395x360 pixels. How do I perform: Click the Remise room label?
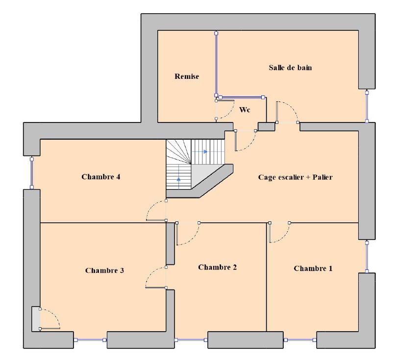[x=187, y=76]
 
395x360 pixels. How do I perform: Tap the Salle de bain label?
[x=290, y=68]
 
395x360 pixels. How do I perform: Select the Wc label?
[x=245, y=110]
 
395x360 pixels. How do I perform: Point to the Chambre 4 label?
[x=101, y=177]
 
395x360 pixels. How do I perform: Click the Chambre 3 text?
[x=104, y=270]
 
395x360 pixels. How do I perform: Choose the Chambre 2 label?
[x=218, y=267]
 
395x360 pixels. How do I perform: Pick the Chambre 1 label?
[x=313, y=268]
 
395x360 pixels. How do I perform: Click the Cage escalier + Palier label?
[x=295, y=177]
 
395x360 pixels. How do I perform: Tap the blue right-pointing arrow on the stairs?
[x=205, y=151]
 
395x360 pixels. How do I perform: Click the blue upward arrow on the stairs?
[x=178, y=179]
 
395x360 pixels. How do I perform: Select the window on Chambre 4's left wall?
[x=32, y=173]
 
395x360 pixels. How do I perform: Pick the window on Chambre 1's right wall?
[x=367, y=257]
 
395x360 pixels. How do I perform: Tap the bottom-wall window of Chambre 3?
[x=90, y=340]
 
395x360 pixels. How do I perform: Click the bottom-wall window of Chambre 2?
[x=191, y=340]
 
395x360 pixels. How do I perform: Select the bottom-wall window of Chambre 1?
[x=300, y=340]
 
